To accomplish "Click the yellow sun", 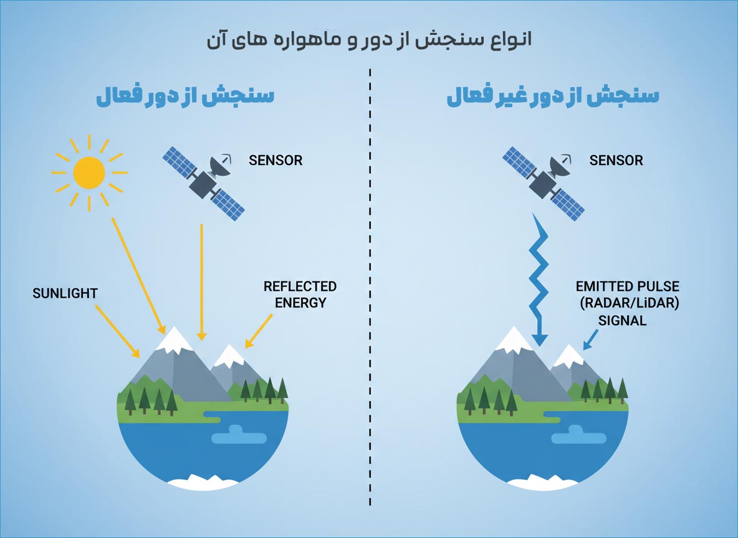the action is tap(89, 172).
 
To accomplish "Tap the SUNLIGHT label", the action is tap(65, 293).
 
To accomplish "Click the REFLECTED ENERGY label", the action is tap(300, 295).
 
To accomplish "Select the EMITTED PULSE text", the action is tap(628, 286).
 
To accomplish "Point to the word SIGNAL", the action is tap(622, 321).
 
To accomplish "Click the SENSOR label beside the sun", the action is tap(276, 161).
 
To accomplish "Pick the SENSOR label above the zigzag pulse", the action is tap(616, 161).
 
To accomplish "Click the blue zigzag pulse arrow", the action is tap(539, 280).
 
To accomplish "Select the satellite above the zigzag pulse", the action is tap(544, 183).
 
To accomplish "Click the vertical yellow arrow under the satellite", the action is tap(201, 281).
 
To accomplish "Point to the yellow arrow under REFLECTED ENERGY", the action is tap(259, 331).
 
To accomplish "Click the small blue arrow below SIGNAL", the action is tap(590, 339).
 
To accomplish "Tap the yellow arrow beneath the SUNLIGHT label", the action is tap(118, 331).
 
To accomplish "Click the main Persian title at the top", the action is tap(370, 39).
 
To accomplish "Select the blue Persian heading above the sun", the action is tap(185, 95).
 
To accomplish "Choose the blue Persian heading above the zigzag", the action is tap(552, 95).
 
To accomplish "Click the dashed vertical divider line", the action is tap(370, 287).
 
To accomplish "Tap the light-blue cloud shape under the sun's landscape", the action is tap(239, 435).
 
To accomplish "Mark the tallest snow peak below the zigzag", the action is tap(514, 339).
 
